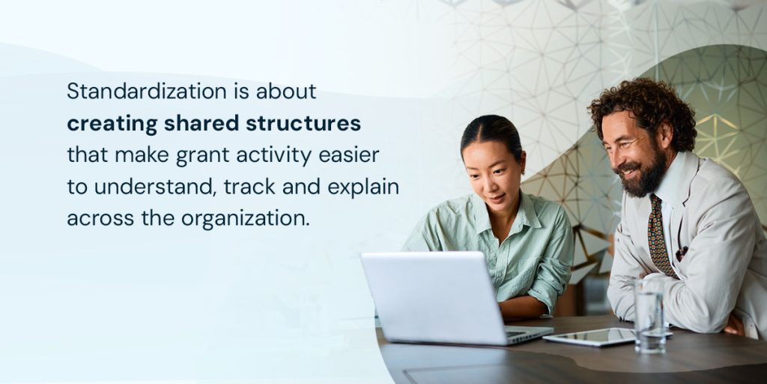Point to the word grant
point(198,156)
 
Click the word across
point(95,220)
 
